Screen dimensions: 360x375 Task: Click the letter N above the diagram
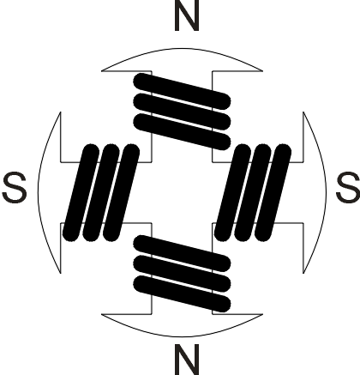187,15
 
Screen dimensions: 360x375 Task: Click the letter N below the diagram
187,360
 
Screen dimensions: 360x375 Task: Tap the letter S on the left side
15,188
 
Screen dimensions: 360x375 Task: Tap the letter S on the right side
348,188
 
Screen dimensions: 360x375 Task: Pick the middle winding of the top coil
182,112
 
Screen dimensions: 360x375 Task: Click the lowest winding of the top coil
182,131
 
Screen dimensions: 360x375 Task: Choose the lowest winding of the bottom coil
182,293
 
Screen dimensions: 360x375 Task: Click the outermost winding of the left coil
81,192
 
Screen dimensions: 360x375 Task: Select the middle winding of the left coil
101,192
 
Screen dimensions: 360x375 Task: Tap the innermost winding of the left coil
121,192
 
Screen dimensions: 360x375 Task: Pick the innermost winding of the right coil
232,192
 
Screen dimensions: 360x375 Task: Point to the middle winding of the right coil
253,192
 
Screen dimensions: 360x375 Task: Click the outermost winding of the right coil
273,192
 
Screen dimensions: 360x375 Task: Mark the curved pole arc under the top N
182,49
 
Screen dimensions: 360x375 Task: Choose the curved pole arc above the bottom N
182,336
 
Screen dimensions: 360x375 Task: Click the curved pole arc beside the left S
39,192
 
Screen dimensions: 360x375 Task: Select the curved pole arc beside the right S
326,192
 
